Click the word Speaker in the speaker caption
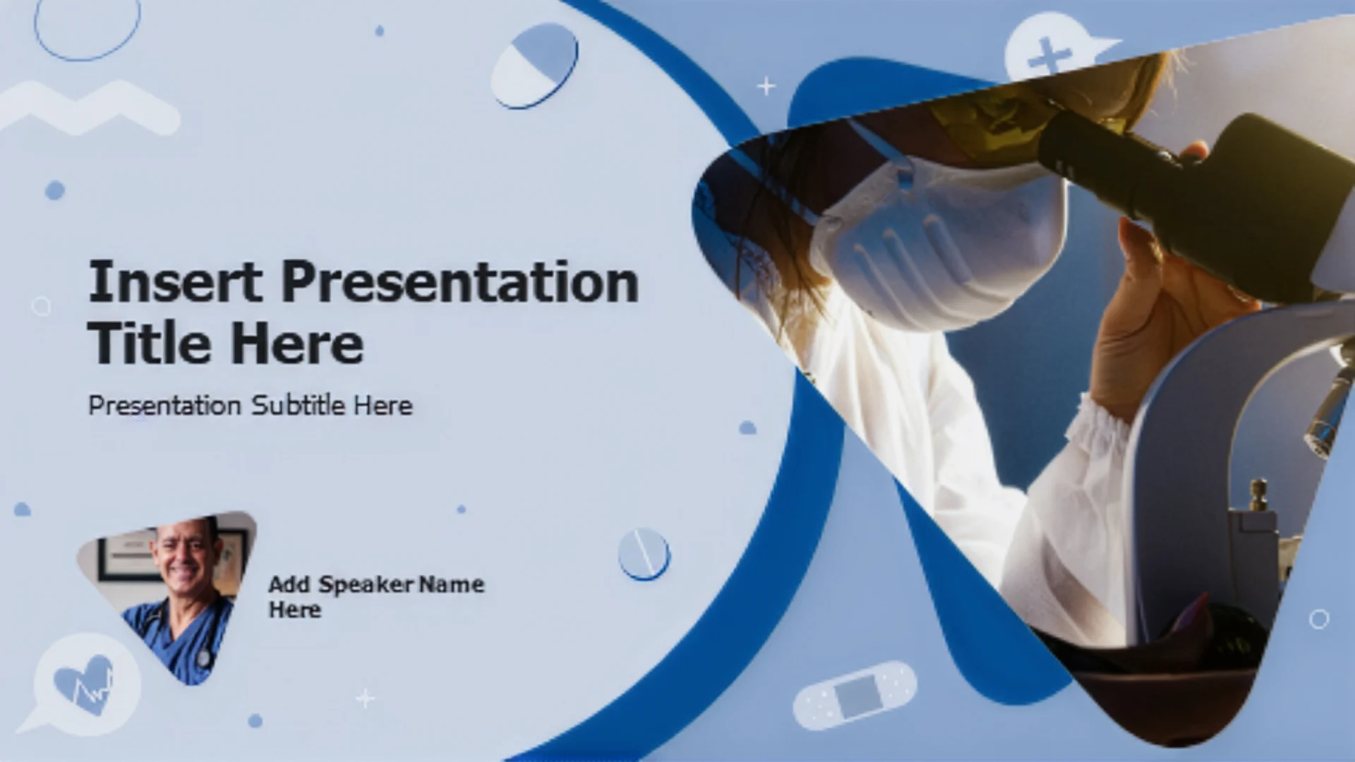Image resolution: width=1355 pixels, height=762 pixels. click(x=366, y=584)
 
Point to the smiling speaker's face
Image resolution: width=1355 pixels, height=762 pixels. click(x=185, y=554)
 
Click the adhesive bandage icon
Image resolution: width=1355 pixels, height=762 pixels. click(x=855, y=694)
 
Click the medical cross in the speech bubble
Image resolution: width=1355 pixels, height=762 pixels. click(x=1049, y=55)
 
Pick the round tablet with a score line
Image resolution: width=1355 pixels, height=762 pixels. click(x=644, y=554)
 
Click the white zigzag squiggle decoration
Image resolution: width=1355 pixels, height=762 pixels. click(x=89, y=108)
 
